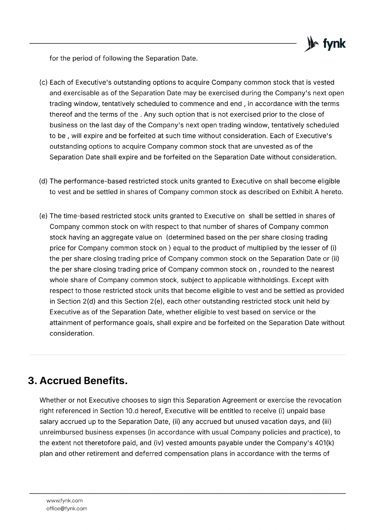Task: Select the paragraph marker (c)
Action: pos(44,82)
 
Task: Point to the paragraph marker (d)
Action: pos(44,182)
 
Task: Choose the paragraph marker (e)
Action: pos(44,216)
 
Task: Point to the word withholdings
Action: pos(267,280)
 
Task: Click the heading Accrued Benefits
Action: pos(84,381)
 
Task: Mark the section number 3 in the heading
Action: pos(31,381)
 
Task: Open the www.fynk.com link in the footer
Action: pos(64,501)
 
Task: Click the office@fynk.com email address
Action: pos(67,508)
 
